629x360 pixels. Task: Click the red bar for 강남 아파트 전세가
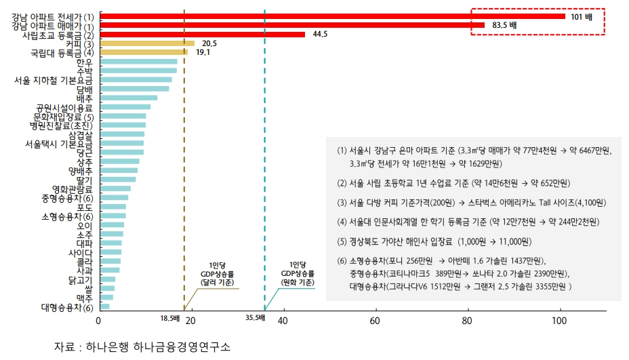pyautogui.click(x=332, y=16)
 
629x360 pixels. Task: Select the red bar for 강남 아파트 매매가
pyautogui.click(x=291, y=25)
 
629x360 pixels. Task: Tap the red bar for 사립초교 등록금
pyautogui.click(x=202, y=34)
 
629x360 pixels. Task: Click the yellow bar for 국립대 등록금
pyautogui.click(x=143, y=52)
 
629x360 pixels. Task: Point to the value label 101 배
pyautogui.click(x=582, y=16)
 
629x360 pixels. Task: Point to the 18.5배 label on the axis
pyautogui.click(x=170, y=317)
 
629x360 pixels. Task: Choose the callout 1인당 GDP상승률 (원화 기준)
pyautogui.click(x=298, y=273)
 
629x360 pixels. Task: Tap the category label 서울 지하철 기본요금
pyautogui.click(x=54, y=80)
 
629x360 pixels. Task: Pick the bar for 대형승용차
pyautogui.click(x=104, y=306)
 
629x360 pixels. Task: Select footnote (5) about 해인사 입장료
pyautogui.click(x=427, y=241)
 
